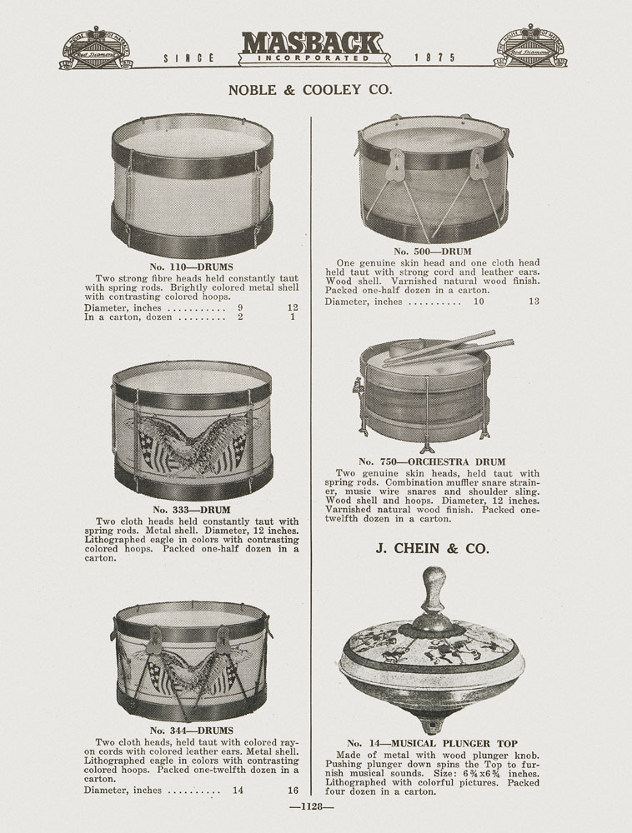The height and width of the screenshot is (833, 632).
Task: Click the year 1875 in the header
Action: pos(435,57)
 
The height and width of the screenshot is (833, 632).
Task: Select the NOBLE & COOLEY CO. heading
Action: pos(310,90)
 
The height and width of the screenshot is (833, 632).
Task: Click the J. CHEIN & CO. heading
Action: pos(432,548)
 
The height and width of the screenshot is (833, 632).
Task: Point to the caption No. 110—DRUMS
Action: pos(192,267)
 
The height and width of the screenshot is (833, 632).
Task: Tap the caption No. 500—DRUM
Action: pos(433,252)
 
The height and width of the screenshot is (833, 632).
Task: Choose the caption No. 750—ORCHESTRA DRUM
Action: pos(432,461)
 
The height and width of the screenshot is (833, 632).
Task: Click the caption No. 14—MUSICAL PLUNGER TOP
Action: pos(432,743)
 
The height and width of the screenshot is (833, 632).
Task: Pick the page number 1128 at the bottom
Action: pos(312,806)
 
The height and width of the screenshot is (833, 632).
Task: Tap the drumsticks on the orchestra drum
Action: pos(449,348)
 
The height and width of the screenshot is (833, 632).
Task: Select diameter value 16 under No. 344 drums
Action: pos(293,790)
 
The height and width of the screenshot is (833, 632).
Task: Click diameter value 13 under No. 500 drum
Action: pos(534,302)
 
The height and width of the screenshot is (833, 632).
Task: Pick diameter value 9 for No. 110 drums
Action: pos(240,307)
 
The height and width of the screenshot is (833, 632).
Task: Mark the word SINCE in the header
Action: pos(188,58)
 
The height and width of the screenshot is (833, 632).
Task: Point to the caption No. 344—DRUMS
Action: pos(192,731)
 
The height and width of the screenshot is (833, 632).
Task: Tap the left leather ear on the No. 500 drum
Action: pos(397,163)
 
